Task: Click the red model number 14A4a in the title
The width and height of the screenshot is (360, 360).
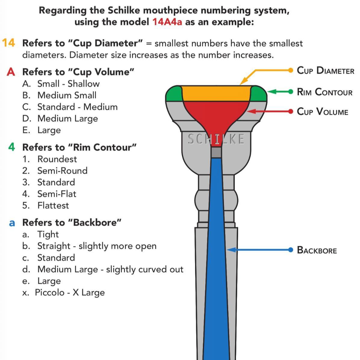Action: [167, 22]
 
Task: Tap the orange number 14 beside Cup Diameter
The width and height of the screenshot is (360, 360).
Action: [8, 43]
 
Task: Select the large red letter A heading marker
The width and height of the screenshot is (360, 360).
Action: [11, 72]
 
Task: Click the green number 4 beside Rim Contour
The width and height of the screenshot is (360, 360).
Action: [11, 147]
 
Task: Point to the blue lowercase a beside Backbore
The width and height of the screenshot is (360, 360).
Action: [12, 223]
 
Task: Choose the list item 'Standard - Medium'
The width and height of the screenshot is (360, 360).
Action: [77, 107]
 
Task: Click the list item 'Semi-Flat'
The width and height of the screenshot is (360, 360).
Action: [57, 194]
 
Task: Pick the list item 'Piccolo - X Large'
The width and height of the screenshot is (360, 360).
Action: [70, 293]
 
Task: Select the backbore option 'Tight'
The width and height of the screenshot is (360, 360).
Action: [48, 234]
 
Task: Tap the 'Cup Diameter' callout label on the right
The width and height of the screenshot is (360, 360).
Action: [325, 70]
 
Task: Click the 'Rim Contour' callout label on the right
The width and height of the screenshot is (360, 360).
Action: [324, 92]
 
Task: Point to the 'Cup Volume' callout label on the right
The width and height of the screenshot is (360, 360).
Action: [322, 112]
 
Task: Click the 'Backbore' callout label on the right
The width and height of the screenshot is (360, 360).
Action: [317, 250]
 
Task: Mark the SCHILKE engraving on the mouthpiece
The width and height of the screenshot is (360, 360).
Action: [216, 139]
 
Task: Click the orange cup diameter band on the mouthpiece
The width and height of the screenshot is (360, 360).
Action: [216, 93]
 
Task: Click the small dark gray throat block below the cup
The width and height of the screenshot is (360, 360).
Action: [216, 152]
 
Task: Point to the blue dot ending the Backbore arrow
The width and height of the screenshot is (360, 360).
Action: [290, 250]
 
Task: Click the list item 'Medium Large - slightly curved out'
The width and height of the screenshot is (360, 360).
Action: [110, 269]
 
